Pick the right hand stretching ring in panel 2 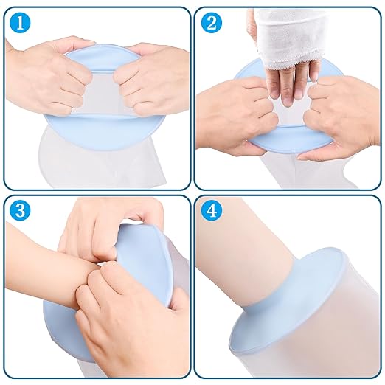click(x=339, y=118)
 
